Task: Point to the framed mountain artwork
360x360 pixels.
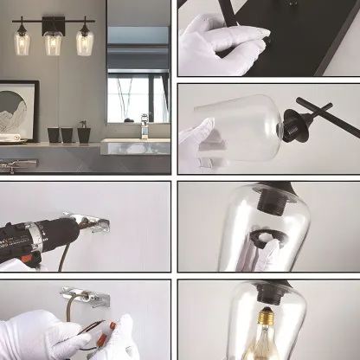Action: [x=18, y=110]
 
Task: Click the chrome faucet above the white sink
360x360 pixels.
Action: [x=145, y=125]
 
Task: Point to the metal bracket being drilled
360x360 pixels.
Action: [x=95, y=223]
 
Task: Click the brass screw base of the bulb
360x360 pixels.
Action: [x=265, y=319]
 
